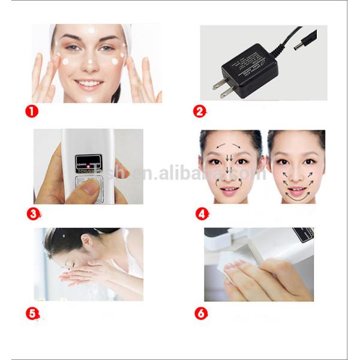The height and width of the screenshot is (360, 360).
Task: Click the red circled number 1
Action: pos(31,111)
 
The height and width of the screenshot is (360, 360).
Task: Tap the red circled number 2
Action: pos(200,111)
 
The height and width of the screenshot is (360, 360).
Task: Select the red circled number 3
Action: pos(34,213)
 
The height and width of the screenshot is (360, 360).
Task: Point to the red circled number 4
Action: pos(202,213)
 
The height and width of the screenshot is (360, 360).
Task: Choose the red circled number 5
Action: pos(33,313)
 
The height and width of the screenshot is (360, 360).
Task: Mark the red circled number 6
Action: pos(202,313)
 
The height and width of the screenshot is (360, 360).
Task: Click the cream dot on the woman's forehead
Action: pos(91,31)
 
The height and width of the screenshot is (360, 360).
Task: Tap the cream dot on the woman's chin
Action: pos(89,98)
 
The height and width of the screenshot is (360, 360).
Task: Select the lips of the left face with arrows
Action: pos(229,191)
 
